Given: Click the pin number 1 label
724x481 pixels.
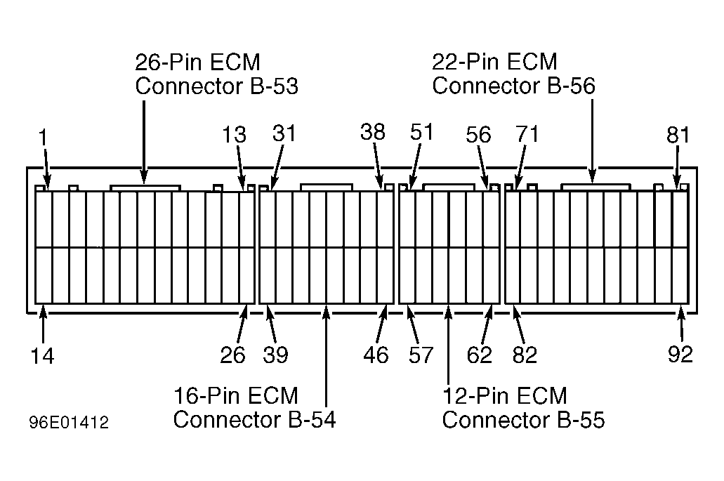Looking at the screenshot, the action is (x=43, y=137).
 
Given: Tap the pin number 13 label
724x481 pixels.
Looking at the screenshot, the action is (x=234, y=134).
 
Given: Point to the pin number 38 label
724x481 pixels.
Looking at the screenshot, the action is (x=373, y=132).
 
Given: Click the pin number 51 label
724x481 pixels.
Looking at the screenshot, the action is (x=421, y=132).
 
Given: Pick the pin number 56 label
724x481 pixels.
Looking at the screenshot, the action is (x=478, y=134).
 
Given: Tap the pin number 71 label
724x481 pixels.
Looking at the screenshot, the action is (x=527, y=134).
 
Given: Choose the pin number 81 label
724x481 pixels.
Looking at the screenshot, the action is (x=678, y=135).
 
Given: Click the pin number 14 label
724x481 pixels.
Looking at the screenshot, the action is (x=42, y=357).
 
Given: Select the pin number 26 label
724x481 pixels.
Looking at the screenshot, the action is (x=232, y=355).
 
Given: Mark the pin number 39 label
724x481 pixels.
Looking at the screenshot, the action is (x=276, y=355).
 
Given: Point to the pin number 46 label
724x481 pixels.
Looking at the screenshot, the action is (x=376, y=355).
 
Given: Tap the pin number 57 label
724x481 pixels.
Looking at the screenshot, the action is (x=421, y=355).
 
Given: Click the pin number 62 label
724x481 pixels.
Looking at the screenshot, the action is (x=480, y=355).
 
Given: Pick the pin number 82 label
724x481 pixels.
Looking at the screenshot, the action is (x=525, y=355).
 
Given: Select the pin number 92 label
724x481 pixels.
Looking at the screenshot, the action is (x=680, y=354).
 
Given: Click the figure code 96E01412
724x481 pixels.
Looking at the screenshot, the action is (x=70, y=423).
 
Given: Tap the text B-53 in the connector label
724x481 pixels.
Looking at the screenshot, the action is (x=275, y=86).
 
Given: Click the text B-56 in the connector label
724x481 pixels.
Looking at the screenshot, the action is (x=571, y=86).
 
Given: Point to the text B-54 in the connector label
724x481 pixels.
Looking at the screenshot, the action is (x=312, y=420).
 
